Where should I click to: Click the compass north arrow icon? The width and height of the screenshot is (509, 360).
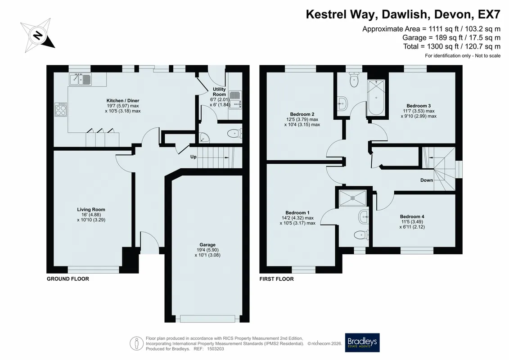tap(38, 35)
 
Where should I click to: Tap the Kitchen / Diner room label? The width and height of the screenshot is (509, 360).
tap(123, 101)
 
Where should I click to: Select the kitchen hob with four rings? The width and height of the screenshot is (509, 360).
tap(61, 109)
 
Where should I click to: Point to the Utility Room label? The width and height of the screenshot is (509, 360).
tap(219, 91)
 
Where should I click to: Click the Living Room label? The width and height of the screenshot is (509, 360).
tap(91, 209)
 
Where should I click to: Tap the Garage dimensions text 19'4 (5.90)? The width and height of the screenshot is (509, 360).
tap(207, 250)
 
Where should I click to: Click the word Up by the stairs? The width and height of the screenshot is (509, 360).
tap(193, 157)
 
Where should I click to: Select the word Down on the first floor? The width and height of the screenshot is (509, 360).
tap(427, 180)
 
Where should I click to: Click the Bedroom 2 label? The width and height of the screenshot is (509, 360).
tap(302, 114)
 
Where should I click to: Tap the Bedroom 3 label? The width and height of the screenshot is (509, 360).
tap(419, 106)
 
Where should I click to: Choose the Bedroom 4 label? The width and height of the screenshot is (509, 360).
tap(412, 216)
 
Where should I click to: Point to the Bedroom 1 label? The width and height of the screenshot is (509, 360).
tap(297, 212)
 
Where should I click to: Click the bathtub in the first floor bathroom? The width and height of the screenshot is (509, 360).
tap(376, 97)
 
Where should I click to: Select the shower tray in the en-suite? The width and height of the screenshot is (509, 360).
tap(352, 198)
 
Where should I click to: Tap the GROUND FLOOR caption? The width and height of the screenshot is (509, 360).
tap(68, 279)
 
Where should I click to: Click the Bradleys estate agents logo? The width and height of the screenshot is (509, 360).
tap(362, 342)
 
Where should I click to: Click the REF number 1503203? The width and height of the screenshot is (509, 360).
tap(216, 349)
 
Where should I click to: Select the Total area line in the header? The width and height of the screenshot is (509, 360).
tap(451, 46)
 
